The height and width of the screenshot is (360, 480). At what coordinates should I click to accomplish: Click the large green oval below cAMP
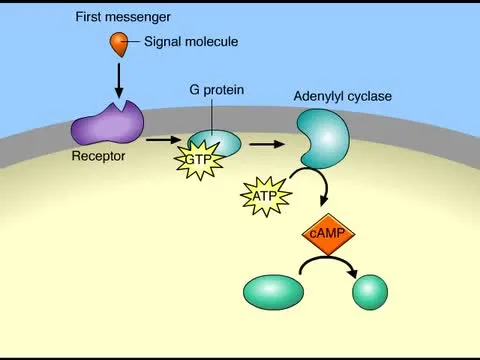273,292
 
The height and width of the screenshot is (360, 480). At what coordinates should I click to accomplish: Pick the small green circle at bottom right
370,292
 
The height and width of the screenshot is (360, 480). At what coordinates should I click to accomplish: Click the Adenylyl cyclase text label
342,96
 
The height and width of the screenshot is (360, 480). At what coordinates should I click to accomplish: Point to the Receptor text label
96,157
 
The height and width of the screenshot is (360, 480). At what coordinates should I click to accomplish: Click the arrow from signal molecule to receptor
120,80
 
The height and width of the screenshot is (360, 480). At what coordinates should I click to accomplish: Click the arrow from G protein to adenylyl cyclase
264,144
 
